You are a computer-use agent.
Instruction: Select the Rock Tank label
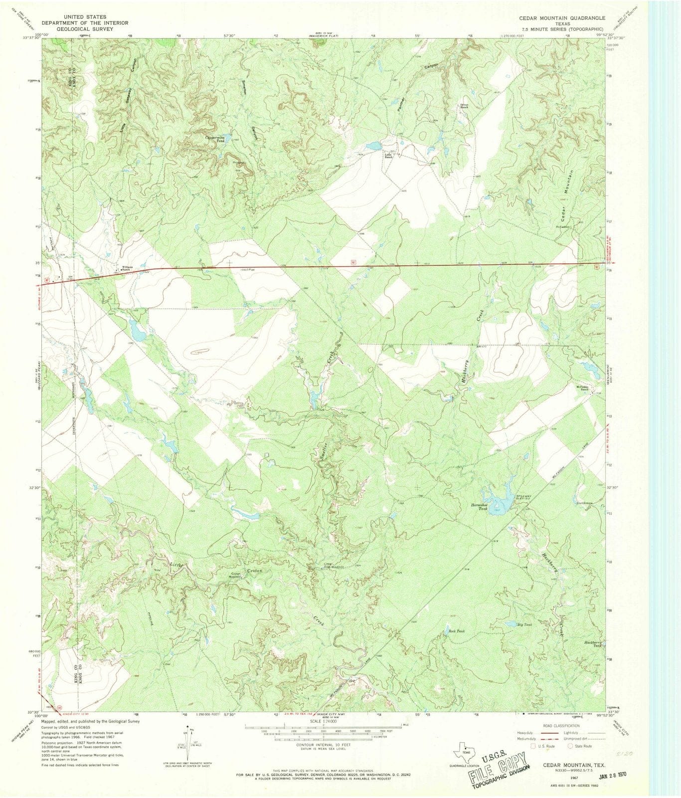tap(456, 631)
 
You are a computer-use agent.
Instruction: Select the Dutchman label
tap(585, 503)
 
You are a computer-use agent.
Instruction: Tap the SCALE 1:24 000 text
tap(323, 722)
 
